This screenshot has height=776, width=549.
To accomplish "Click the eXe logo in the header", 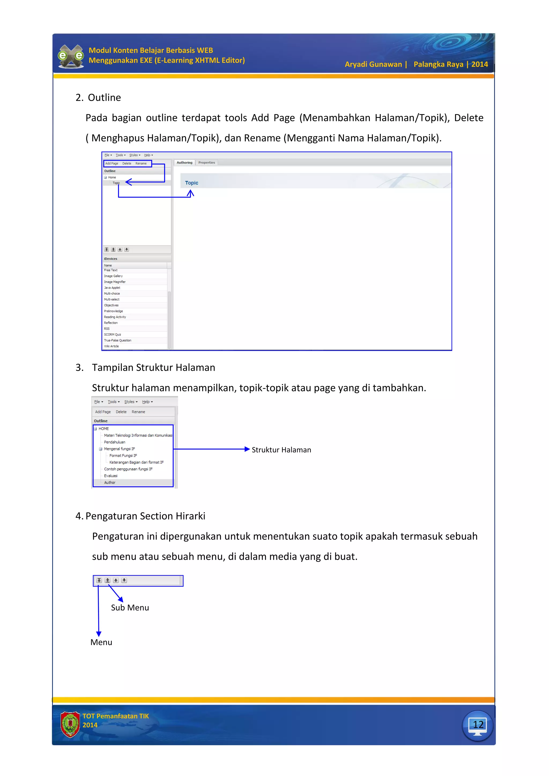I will (x=71, y=56).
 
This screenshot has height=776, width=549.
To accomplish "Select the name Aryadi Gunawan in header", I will (x=373, y=64).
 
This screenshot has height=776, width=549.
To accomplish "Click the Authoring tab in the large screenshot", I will (x=184, y=163).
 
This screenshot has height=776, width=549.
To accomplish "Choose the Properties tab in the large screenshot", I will (x=207, y=163).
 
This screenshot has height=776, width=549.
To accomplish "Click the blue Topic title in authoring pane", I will (x=191, y=183).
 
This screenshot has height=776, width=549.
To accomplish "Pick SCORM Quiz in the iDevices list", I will (x=112, y=335).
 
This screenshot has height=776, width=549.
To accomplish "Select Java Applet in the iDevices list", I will (x=112, y=288).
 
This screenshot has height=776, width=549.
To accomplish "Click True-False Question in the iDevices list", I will (x=117, y=340).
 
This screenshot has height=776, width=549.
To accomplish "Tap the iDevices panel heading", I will (x=111, y=258).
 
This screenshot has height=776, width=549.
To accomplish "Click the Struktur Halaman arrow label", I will (x=281, y=450).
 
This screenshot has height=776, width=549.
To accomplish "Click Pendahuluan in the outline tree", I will (x=114, y=442).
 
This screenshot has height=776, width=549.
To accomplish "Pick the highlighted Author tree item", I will (x=110, y=483).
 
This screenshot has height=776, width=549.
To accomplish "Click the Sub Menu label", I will (x=130, y=608).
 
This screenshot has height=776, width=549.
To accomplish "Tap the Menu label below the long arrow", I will (x=101, y=642).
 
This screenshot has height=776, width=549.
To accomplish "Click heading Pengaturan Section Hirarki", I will (x=145, y=516).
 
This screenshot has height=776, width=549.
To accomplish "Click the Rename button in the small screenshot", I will (x=138, y=412).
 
